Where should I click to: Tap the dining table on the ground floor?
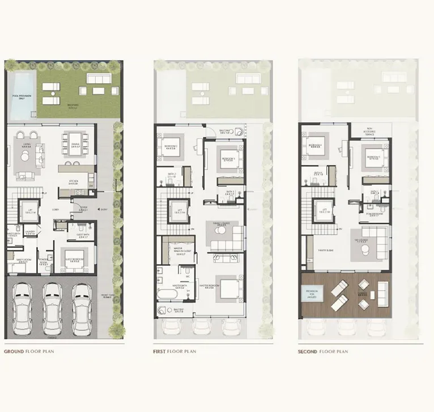(x=75, y=139)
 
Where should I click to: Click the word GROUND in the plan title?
(x=14, y=351)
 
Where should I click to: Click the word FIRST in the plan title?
(x=159, y=351)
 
